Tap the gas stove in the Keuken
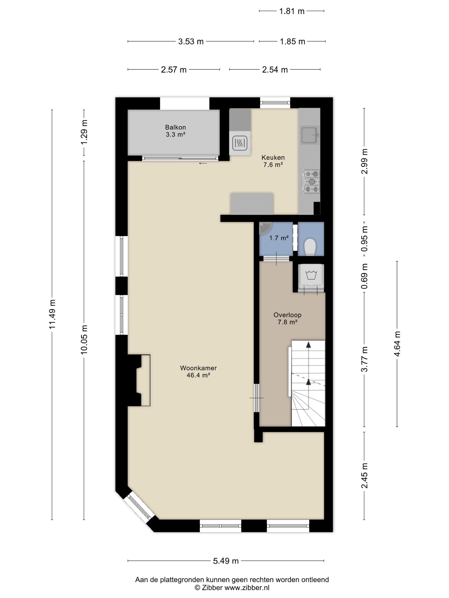coord(311,181)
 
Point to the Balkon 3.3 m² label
coord(175,130)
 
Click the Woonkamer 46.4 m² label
coord(198,371)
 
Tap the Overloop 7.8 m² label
coord(287,318)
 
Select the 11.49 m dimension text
coord(52,314)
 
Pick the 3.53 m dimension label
coord(191,41)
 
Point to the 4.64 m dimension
coord(397,344)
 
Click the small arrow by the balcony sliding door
coord(203,163)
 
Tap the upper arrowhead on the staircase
coord(308,345)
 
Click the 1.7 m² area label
coord(279,238)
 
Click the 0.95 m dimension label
coord(365,238)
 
